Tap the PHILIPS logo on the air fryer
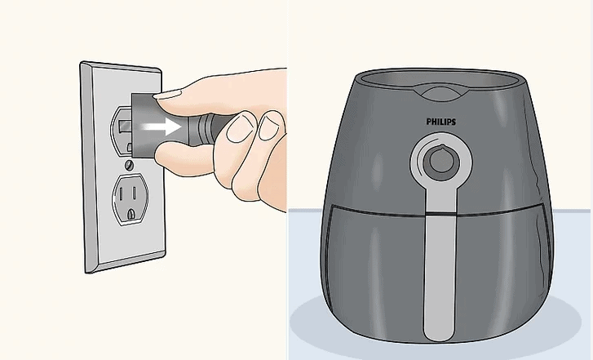click(x=441, y=121)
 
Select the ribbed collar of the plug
click(x=210, y=129)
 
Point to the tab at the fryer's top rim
click(x=441, y=92)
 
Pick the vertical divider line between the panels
click(x=288, y=180)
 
